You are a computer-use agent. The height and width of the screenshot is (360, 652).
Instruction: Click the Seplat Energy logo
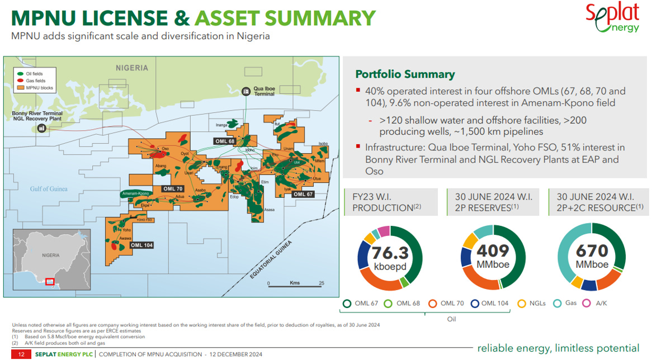point(612,17)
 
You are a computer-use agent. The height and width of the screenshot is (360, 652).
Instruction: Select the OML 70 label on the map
point(173,189)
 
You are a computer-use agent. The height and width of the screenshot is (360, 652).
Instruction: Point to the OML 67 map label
point(303,194)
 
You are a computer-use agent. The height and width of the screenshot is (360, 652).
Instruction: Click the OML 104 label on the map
point(141,245)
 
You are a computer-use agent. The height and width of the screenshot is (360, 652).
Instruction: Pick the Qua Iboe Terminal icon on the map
point(245,91)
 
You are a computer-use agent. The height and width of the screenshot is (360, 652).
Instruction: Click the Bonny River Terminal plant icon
point(41,128)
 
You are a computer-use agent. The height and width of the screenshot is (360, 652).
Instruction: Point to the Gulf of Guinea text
point(49,189)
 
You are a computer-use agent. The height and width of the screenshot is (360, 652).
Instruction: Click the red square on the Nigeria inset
point(50,281)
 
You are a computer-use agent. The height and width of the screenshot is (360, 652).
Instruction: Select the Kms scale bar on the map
point(295,284)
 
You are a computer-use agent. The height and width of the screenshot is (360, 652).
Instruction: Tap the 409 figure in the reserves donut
point(493,252)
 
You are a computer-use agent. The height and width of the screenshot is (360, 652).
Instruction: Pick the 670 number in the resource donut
point(593,252)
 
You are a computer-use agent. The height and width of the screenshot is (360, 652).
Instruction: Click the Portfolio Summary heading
point(405,74)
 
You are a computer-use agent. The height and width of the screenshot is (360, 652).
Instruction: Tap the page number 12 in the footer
point(21,354)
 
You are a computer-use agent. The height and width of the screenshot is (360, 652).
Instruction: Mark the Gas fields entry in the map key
point(35,80)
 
